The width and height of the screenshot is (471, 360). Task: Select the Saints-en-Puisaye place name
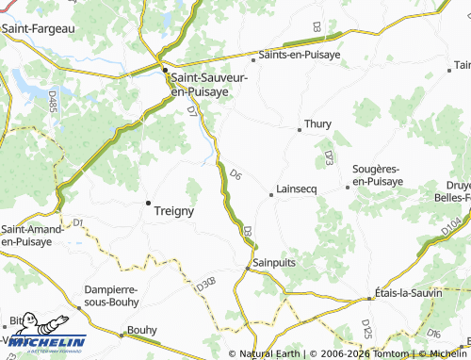300,56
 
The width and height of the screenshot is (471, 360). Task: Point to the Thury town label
317,123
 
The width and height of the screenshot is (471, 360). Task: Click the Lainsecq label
299,188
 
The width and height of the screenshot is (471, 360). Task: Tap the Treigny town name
173,211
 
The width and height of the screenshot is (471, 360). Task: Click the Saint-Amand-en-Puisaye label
32,235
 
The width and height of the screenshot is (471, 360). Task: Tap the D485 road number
51,99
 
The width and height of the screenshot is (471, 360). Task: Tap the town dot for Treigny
147,203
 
